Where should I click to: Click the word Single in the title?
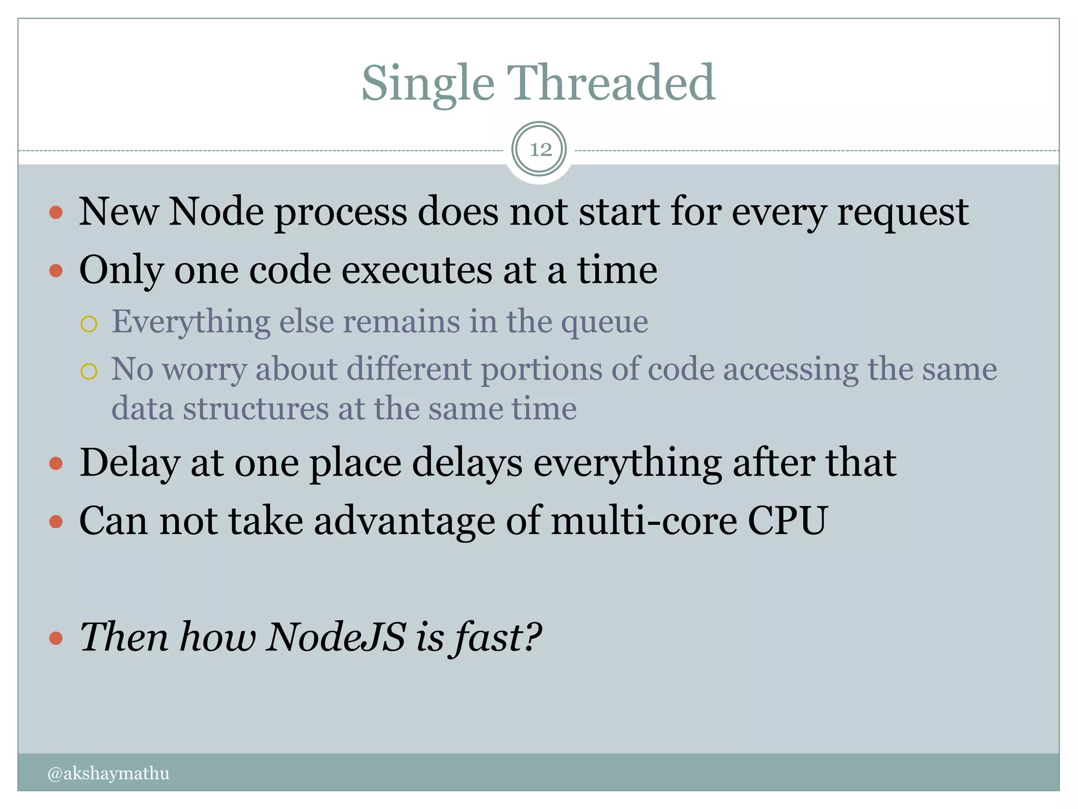coord(427,84)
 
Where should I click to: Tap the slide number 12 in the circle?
coord(540,150)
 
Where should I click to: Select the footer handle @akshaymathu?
coord(108,773)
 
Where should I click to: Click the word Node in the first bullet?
coord(216,212)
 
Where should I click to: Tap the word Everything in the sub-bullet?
coord(191,322)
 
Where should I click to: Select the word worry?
coord(204,370)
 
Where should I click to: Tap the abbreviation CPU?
coord(788,521)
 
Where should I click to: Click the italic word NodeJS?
coord(336,637)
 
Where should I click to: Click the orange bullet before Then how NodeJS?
coord(56,639)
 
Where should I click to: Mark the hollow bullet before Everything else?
coord(89,324)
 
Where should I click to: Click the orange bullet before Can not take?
coord(56,522)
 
